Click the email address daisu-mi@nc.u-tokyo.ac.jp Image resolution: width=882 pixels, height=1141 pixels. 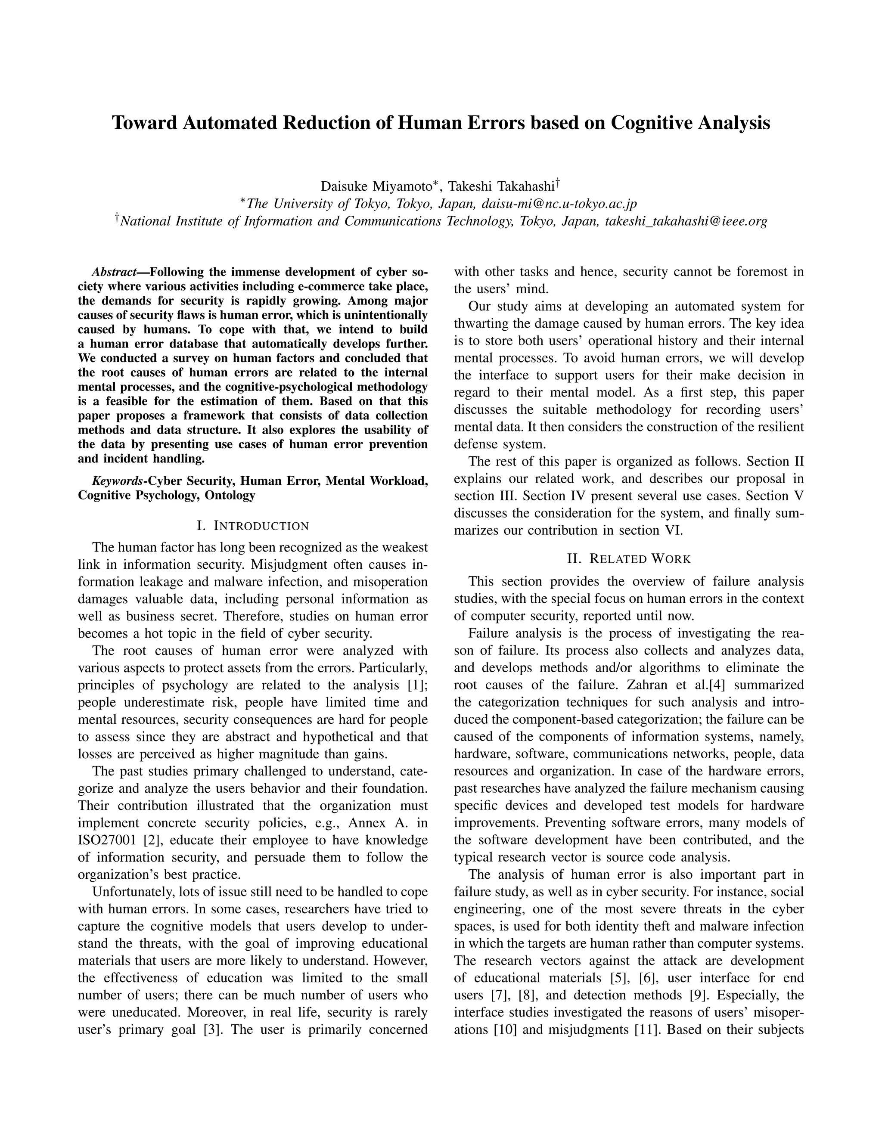click(559, 204)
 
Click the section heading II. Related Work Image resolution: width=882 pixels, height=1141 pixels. click(629, 559)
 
